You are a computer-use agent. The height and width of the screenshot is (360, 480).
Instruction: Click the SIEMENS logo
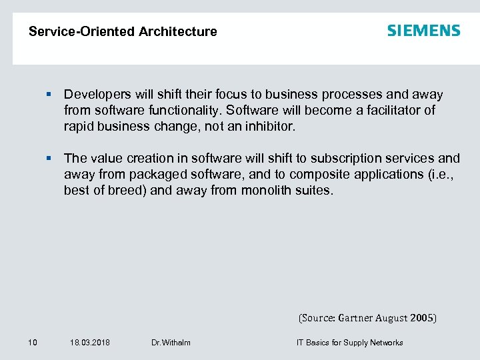click(x=423, y=31)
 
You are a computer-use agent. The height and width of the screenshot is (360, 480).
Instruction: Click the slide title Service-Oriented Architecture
click(x=123, y=31)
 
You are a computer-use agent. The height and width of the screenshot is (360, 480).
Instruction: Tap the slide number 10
click(x=33, y=343)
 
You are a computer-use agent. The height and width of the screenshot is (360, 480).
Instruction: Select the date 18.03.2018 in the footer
click(x=90, y=343)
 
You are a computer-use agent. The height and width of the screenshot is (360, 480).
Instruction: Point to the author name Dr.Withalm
click(x=171, y=343)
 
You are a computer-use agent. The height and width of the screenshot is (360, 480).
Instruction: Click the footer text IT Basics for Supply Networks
click(x=349, y=343)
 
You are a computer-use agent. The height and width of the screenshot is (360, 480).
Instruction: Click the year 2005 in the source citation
click(x=421, y=318)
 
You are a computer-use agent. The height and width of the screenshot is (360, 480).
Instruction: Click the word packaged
click(x=151, y=175)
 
